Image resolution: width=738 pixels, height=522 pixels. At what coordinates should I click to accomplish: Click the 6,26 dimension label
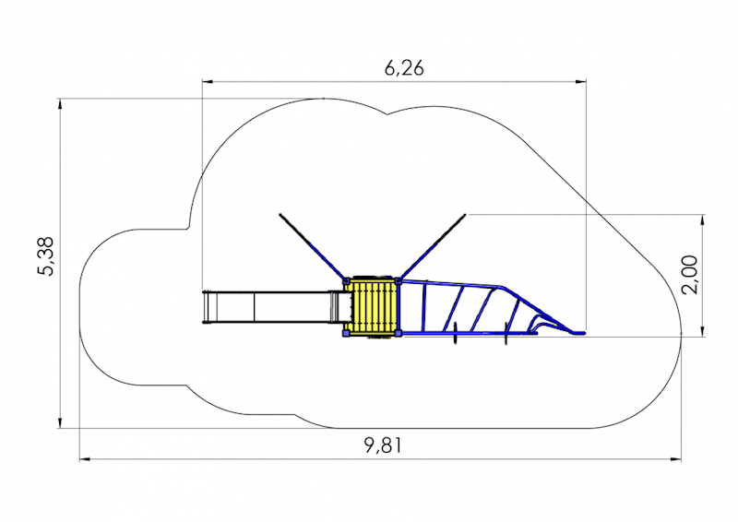click(x=404, y=68)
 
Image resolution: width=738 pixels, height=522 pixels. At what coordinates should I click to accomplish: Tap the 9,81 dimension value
click(x=384, y=445)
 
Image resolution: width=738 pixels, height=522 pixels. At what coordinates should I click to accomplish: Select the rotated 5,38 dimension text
click(x=47, y=256)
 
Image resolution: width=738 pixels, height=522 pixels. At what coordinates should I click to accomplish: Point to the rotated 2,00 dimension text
click(x=690, y=275)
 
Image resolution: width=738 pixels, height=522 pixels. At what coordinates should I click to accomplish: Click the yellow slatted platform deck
click(x=373, y=306)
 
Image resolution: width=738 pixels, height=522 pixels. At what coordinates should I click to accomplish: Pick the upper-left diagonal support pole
click(x=312, y=245)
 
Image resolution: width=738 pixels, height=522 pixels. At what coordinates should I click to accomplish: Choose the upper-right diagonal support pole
click(x=433, y=246)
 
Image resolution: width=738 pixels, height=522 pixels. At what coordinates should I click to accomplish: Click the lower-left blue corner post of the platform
click(x=347, y=333)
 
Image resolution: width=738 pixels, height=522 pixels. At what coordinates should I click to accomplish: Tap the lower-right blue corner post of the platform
click(x=399, y=333)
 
